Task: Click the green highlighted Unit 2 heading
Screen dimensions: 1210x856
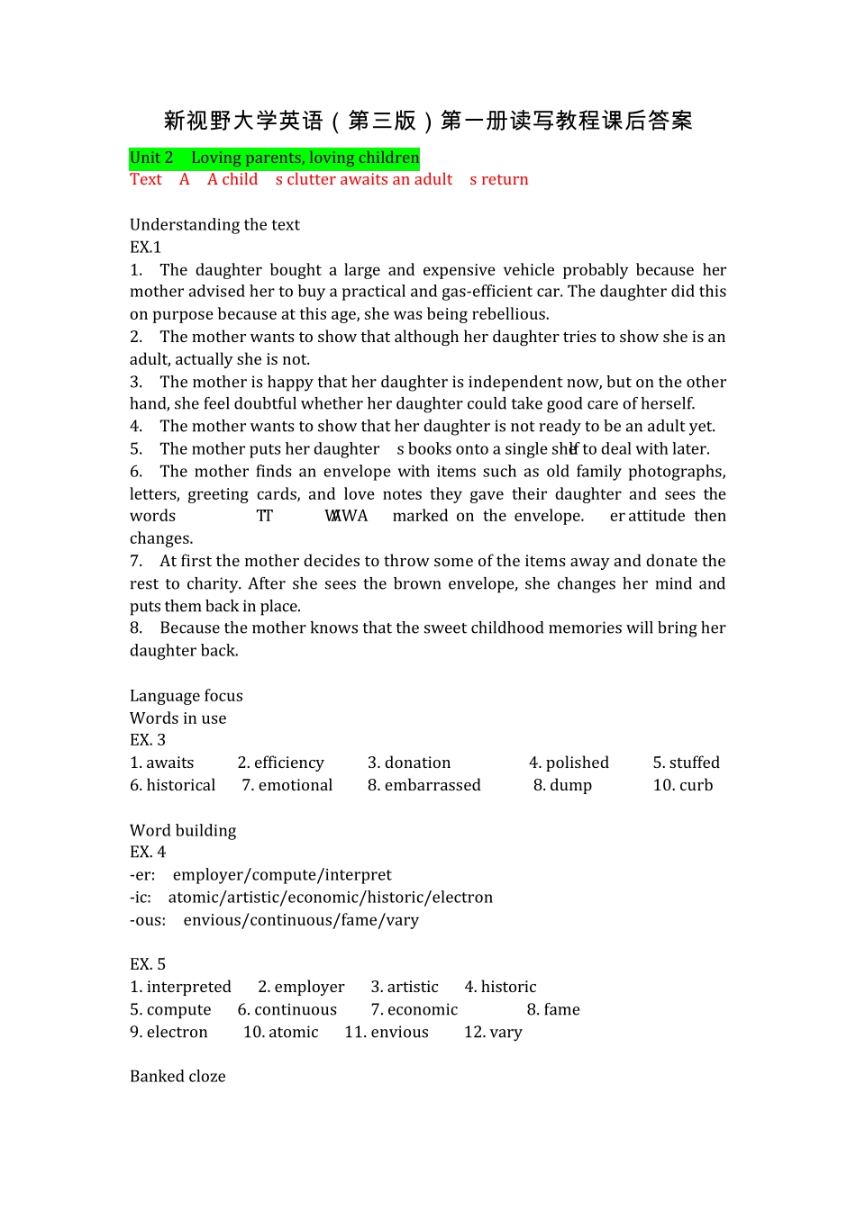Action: [x=274, y=158]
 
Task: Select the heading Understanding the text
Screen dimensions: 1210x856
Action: [x=214, y=225]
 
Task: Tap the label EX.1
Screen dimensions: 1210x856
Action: [x=145, y=248]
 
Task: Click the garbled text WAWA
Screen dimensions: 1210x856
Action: [x=347, y=516]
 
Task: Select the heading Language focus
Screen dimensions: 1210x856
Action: [x=186, y=696]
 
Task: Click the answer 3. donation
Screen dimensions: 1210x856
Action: [x=409, y=763]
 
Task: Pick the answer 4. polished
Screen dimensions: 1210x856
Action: [x=569, y=763]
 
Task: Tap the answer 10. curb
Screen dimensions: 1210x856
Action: [x=682, y=785]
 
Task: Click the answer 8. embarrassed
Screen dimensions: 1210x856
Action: [x=423, y=785]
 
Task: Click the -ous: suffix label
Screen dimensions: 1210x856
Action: [x=148, y=920]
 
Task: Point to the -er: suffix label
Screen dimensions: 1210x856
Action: [x=142, y=875]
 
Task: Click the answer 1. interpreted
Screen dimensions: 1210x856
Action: [x=180, y=987]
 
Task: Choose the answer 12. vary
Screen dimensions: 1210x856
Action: [x=493, y=1032]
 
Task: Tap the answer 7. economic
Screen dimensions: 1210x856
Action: [x=414, y=1009]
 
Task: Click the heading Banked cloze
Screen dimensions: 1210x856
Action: [x=178, y=1077]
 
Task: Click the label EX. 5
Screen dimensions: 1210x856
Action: [x=148, y=964]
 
